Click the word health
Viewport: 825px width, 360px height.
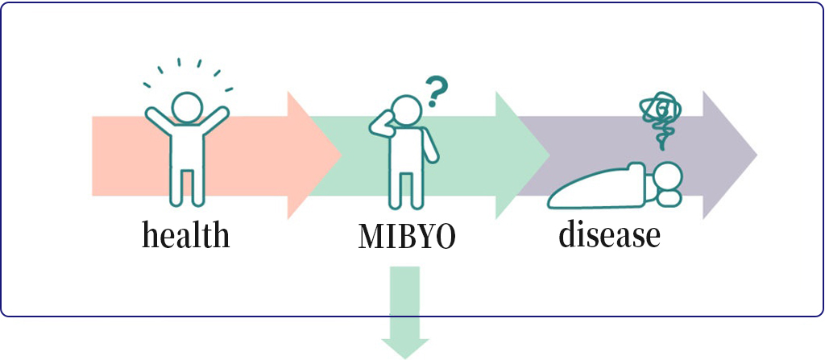point(186,235)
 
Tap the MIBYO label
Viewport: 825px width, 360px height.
point(407,238)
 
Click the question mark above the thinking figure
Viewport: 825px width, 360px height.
point(436,92)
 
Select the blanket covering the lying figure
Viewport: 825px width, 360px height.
point(596,186)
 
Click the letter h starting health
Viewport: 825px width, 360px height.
point(151,234)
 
